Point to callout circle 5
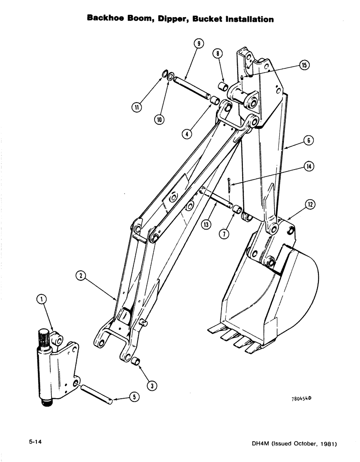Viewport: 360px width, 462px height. [134, 396]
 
